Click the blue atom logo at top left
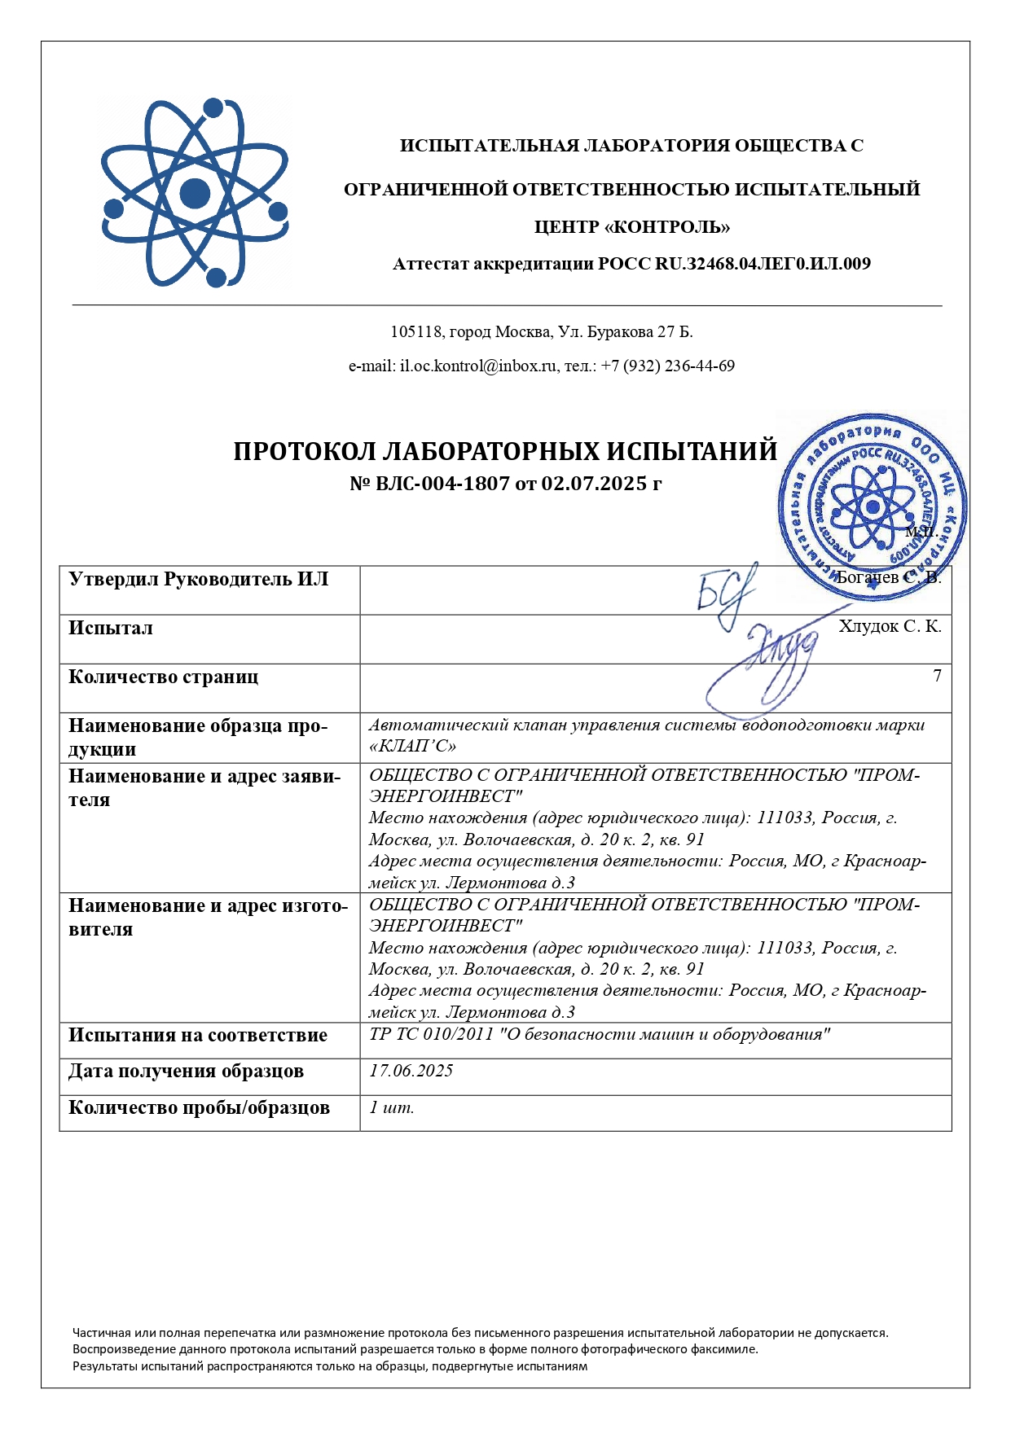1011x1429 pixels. [195, 193]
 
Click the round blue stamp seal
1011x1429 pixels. [872, 506]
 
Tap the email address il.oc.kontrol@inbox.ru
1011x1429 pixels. [477, 366]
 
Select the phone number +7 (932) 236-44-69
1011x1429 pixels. [668, 366]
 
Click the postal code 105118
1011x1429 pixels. [416, 332]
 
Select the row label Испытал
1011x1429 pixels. [111, 629]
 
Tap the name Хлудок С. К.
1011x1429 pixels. [890, 626]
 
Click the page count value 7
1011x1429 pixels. [937, 676]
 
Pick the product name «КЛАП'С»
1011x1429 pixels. [412, 746]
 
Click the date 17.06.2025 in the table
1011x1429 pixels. [411, 1071]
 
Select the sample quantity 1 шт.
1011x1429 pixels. [392, 1107]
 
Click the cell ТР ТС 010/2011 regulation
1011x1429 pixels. [600, 1035]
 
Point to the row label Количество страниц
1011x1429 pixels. [163, 677]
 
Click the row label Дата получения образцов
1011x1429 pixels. [186, 1072]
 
